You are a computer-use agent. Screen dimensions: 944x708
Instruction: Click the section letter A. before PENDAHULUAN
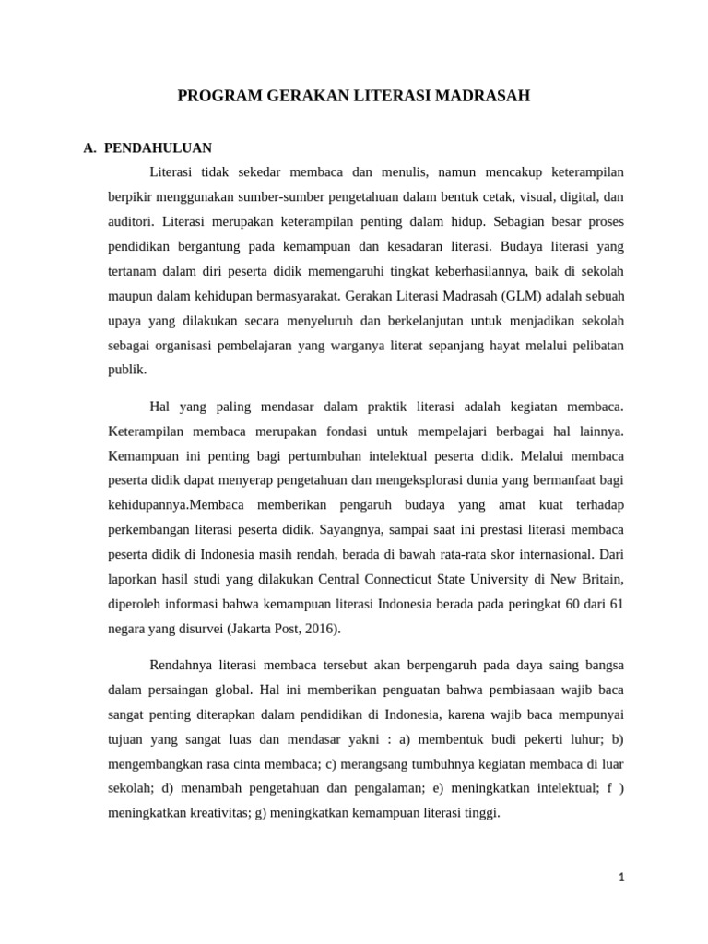90,147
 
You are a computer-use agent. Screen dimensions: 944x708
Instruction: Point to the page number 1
621,878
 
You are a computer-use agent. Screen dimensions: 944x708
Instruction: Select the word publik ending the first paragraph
126,371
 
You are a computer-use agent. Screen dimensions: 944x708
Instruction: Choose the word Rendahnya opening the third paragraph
181,664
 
